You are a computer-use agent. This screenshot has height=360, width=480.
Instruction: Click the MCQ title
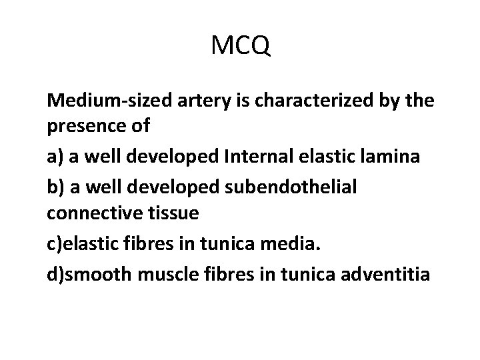[240, 46]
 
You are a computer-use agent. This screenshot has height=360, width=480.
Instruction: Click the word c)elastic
[82, 245]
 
